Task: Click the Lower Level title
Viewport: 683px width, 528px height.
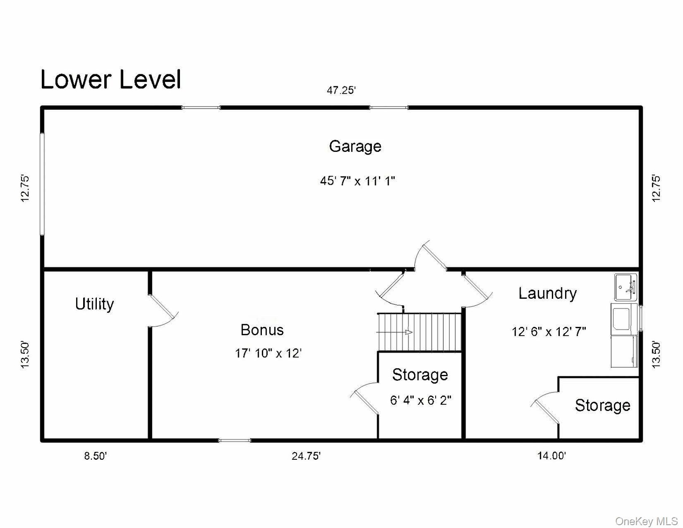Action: tap(110, 79)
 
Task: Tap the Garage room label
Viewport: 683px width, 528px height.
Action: tap(355, 147)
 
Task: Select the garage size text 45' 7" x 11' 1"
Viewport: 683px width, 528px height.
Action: tap(357, 181)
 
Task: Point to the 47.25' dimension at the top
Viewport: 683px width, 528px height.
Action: tap(341, 91)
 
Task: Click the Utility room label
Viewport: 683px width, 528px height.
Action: tap(95, 304)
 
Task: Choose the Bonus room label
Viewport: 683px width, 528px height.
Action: tap(262, 330)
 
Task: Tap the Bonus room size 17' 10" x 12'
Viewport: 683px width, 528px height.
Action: tap(268, 353)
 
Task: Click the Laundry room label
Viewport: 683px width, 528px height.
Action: tap(547, 294)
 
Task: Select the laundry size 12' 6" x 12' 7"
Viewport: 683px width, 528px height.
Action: tap(549, 332)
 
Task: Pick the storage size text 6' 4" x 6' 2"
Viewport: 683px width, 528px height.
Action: tap(421, 400)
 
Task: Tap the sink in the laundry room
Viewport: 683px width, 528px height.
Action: tap(626, 287)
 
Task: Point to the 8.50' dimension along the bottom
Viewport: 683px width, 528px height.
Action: tap(95, 456)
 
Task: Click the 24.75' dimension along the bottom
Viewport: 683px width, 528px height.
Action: tap(306, 456)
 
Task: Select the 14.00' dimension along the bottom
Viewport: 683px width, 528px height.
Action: tap(551, 455)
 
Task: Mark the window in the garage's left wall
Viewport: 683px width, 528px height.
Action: tap(42, 184)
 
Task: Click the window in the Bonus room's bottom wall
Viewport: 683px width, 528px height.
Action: tap(235, 440)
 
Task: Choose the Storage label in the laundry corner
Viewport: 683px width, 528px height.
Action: tap(602, 405)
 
